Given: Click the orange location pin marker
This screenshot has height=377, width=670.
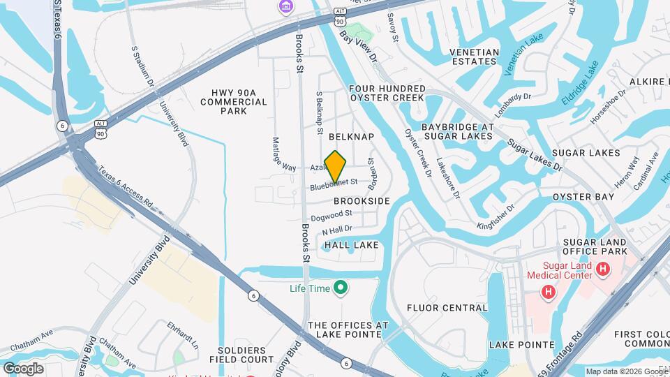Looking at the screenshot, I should (x=336, y=165).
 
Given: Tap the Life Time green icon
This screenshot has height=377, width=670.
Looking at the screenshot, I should (x=341, y=287).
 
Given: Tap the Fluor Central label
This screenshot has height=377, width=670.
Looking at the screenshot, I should (x=447, y=307).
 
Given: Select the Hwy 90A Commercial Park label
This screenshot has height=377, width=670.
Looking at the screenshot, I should (x=234, y=102).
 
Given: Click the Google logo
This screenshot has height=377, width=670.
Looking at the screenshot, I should (x=23, y=368).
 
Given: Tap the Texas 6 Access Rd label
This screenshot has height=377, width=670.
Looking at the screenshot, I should (x=125, y=189).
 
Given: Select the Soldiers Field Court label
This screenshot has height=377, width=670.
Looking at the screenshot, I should (x=237, y=355).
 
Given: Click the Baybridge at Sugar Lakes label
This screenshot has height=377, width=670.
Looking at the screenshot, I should (x=458, y=132).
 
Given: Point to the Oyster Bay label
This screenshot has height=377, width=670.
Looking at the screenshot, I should (x=583, y=197).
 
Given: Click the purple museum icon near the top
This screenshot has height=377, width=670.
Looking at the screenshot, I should (x=286, y=7).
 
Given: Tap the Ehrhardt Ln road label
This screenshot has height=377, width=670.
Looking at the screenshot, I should (x=184, y=336).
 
